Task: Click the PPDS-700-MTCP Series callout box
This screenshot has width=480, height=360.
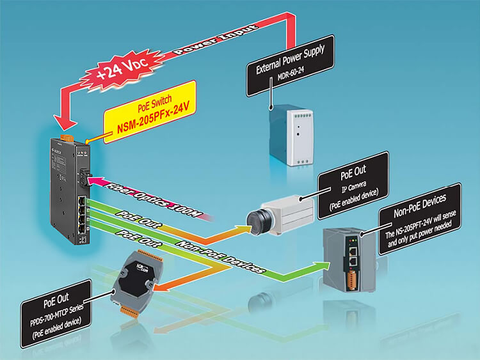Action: pyautogui.click(x=58, y=314)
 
